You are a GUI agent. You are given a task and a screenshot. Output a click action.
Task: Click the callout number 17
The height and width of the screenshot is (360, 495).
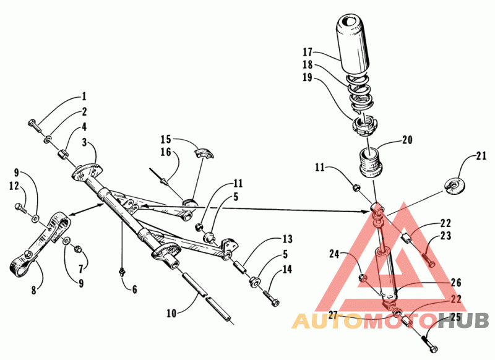point(325,53)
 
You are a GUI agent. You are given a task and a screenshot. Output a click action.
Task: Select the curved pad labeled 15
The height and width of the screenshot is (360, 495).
point(204,152)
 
